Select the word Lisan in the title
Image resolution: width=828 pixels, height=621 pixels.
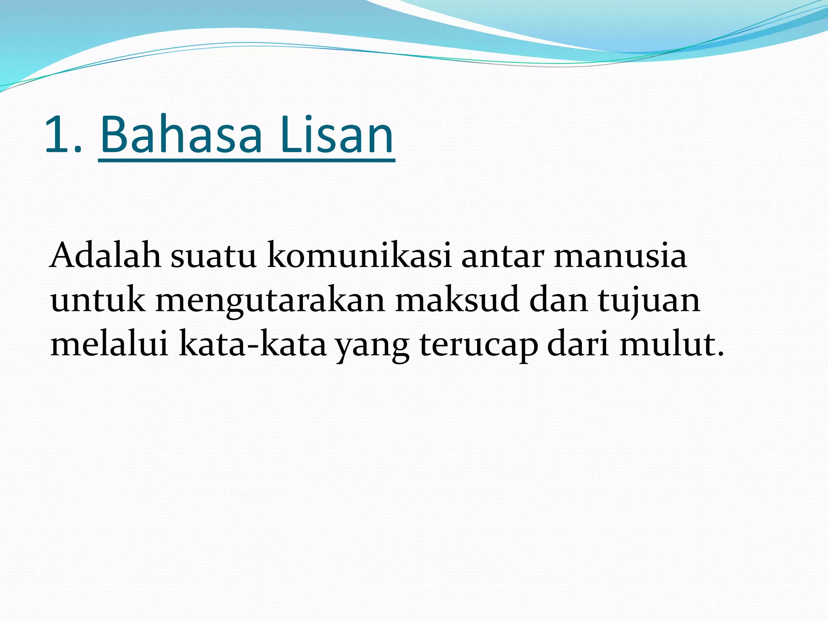336,135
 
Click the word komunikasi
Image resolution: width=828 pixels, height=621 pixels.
359,256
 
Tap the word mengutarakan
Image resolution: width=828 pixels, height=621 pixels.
270,302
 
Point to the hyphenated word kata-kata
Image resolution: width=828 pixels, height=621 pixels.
252,345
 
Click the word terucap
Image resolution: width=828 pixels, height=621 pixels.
479,346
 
